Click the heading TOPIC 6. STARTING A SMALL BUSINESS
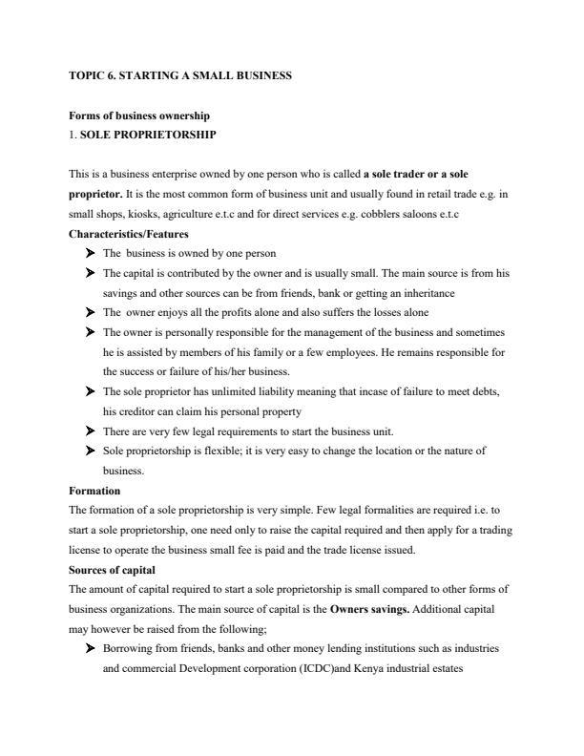coord(180,73)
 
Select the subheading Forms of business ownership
coord(139,115)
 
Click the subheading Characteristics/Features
coord(129,234)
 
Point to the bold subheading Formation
coord(94,491)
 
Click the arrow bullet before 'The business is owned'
coord(90,254)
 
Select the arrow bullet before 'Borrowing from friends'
coord(90,648)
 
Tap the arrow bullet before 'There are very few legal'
coord(90,430)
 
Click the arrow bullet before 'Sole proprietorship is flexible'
coord(90,451)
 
